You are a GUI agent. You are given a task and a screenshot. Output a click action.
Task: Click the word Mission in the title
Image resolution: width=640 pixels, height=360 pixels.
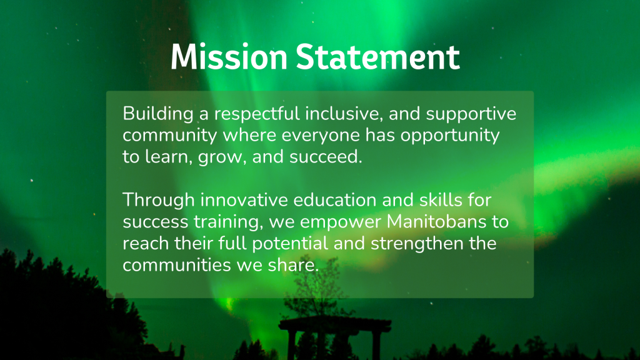tap(229, 56)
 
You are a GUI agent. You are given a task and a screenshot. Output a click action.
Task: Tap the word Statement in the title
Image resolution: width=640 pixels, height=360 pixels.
tap(378, 56)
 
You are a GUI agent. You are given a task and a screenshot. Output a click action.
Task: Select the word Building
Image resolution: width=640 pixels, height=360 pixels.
tap(158, 114)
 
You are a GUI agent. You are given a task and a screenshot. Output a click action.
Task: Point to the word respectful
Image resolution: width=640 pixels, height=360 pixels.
tap(257, 114)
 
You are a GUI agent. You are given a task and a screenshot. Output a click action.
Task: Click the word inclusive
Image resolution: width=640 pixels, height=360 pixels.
tap(344, 114)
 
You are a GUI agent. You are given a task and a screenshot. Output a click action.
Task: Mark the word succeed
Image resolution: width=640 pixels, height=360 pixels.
tap(326, 157)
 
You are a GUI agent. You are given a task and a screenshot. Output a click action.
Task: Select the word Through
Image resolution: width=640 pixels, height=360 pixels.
tap(159, 201)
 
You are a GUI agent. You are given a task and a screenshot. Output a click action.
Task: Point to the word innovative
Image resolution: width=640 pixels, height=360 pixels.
tap(244, 200)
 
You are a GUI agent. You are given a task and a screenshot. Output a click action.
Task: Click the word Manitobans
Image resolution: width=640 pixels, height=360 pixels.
tap(436, 222)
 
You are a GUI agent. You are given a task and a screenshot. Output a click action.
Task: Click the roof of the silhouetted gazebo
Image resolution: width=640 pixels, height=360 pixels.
tap(335, 324)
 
